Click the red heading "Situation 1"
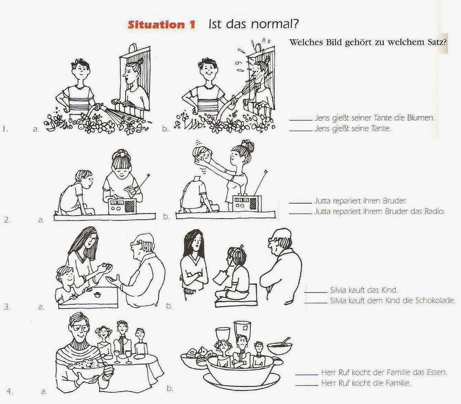pos(162,24)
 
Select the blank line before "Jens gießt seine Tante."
pos(301,130)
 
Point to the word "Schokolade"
pos(435,300)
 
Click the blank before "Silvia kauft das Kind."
pos(316,292)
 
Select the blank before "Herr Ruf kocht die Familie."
pos(307,385)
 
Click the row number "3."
pos(7,307)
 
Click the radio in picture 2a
pos(122,206)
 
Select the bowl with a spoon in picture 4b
pos(279,347)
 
